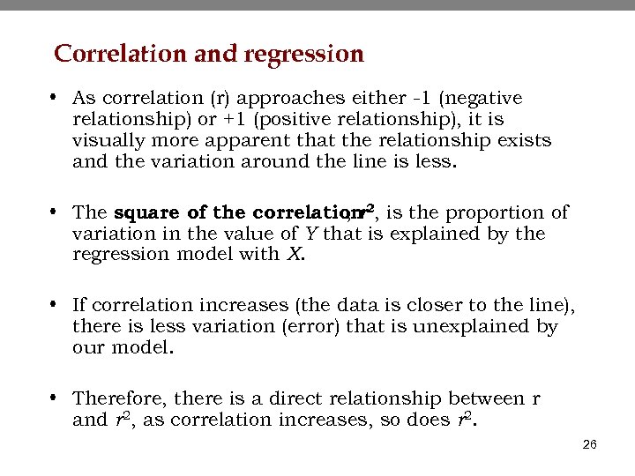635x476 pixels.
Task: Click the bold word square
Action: [146, 212]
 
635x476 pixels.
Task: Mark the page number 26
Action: [590, 444]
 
